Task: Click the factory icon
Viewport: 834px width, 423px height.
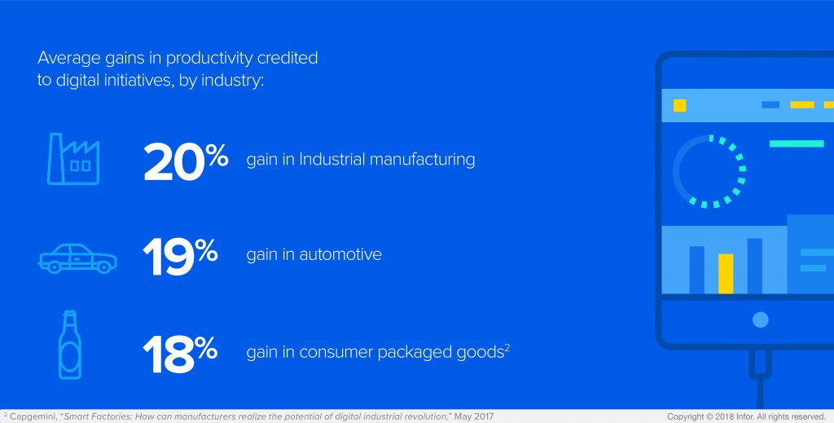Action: (73, 159)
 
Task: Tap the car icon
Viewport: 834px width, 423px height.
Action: (77, 258)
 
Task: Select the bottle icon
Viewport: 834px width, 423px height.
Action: (70, 345)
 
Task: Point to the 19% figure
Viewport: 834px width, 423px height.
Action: (180, 256)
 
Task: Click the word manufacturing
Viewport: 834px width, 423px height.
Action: (422, 160)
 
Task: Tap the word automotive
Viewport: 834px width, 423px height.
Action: (340, 254)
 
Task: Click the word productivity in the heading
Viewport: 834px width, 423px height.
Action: (210, 58)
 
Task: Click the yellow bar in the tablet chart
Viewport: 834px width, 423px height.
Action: (726, 274)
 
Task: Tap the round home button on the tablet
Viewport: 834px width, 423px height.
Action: (761, 319)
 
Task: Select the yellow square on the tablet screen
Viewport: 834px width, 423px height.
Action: (680, 105)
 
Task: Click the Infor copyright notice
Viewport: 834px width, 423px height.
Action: (746, 416)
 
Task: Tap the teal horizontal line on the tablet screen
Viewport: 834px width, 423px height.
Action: (797, 143)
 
